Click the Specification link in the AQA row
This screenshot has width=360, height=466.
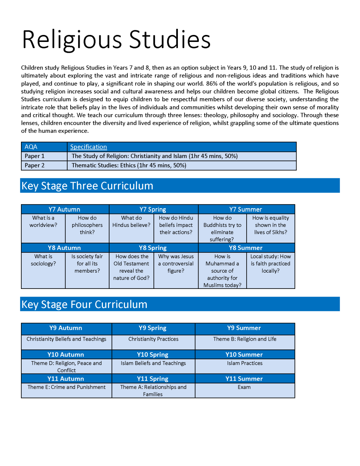pyautogui.click(x=89, y=147)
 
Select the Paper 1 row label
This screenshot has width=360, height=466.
pyautogui.click(x=35, y=156)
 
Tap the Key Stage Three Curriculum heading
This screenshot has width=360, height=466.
pyautogui.click(x=87, y=186)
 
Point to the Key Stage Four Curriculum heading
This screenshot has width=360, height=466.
pyautogui.click(x=84, y=304)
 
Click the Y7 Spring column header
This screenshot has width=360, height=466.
pyautogui.click(x=153, y=209)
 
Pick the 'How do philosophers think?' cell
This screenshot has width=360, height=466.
pyautogui.click(x=87, y=225)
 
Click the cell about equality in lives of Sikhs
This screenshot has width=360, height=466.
pyautogui.click(x=271, y=225)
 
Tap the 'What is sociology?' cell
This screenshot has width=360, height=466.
pyautogui.click(x=43, y=260)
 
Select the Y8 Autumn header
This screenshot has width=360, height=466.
pyautogui.click(x=64, y=248)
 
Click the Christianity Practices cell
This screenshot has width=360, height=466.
pyautogui.click(x=153, y=339)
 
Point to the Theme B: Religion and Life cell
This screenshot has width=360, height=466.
pyautogui.click(x=245, y=339)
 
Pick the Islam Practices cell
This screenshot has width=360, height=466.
pyautogui.click(x=245, y=363)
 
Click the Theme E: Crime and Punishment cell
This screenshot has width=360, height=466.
pyautogui.click(x=66, y=387)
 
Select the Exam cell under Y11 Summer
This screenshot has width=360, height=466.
pyautogui.click(x=244, y=387)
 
